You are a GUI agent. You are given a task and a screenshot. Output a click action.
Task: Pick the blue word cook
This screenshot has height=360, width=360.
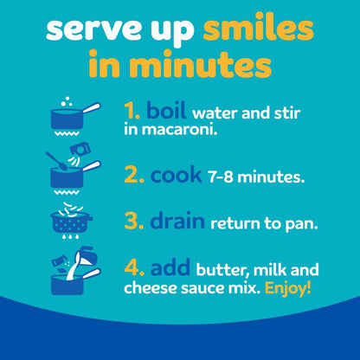(x=176, y=175)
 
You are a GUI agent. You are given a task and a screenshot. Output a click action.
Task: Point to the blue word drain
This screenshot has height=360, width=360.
(x=177, y=221)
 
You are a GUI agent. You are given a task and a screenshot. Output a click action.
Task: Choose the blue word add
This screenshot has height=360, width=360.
(x=170, y=267)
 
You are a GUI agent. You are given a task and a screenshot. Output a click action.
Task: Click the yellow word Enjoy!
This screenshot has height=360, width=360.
(x=288, y=288)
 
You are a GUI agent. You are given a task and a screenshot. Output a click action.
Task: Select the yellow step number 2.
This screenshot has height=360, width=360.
(x=134, y=175)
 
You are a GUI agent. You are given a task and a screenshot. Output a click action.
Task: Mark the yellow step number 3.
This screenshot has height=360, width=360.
(x=134, y=221)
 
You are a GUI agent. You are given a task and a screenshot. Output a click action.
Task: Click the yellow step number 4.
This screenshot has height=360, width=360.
(x=134, y=267)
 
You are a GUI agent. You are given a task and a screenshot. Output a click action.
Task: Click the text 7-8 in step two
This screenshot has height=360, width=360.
(x=221, y=177)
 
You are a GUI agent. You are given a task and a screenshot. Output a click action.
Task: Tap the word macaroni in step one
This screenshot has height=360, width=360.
(x=179, y=130)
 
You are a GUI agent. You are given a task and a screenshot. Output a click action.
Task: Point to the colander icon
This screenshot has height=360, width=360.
(x=71, y=221)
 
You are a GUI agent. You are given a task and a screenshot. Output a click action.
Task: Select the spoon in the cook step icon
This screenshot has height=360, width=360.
(x=56, y=161)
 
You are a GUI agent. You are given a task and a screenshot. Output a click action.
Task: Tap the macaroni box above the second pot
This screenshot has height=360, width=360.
(x=80, y=151)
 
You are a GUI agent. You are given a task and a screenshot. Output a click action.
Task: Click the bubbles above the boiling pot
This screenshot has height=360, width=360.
(x=67, y=101)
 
